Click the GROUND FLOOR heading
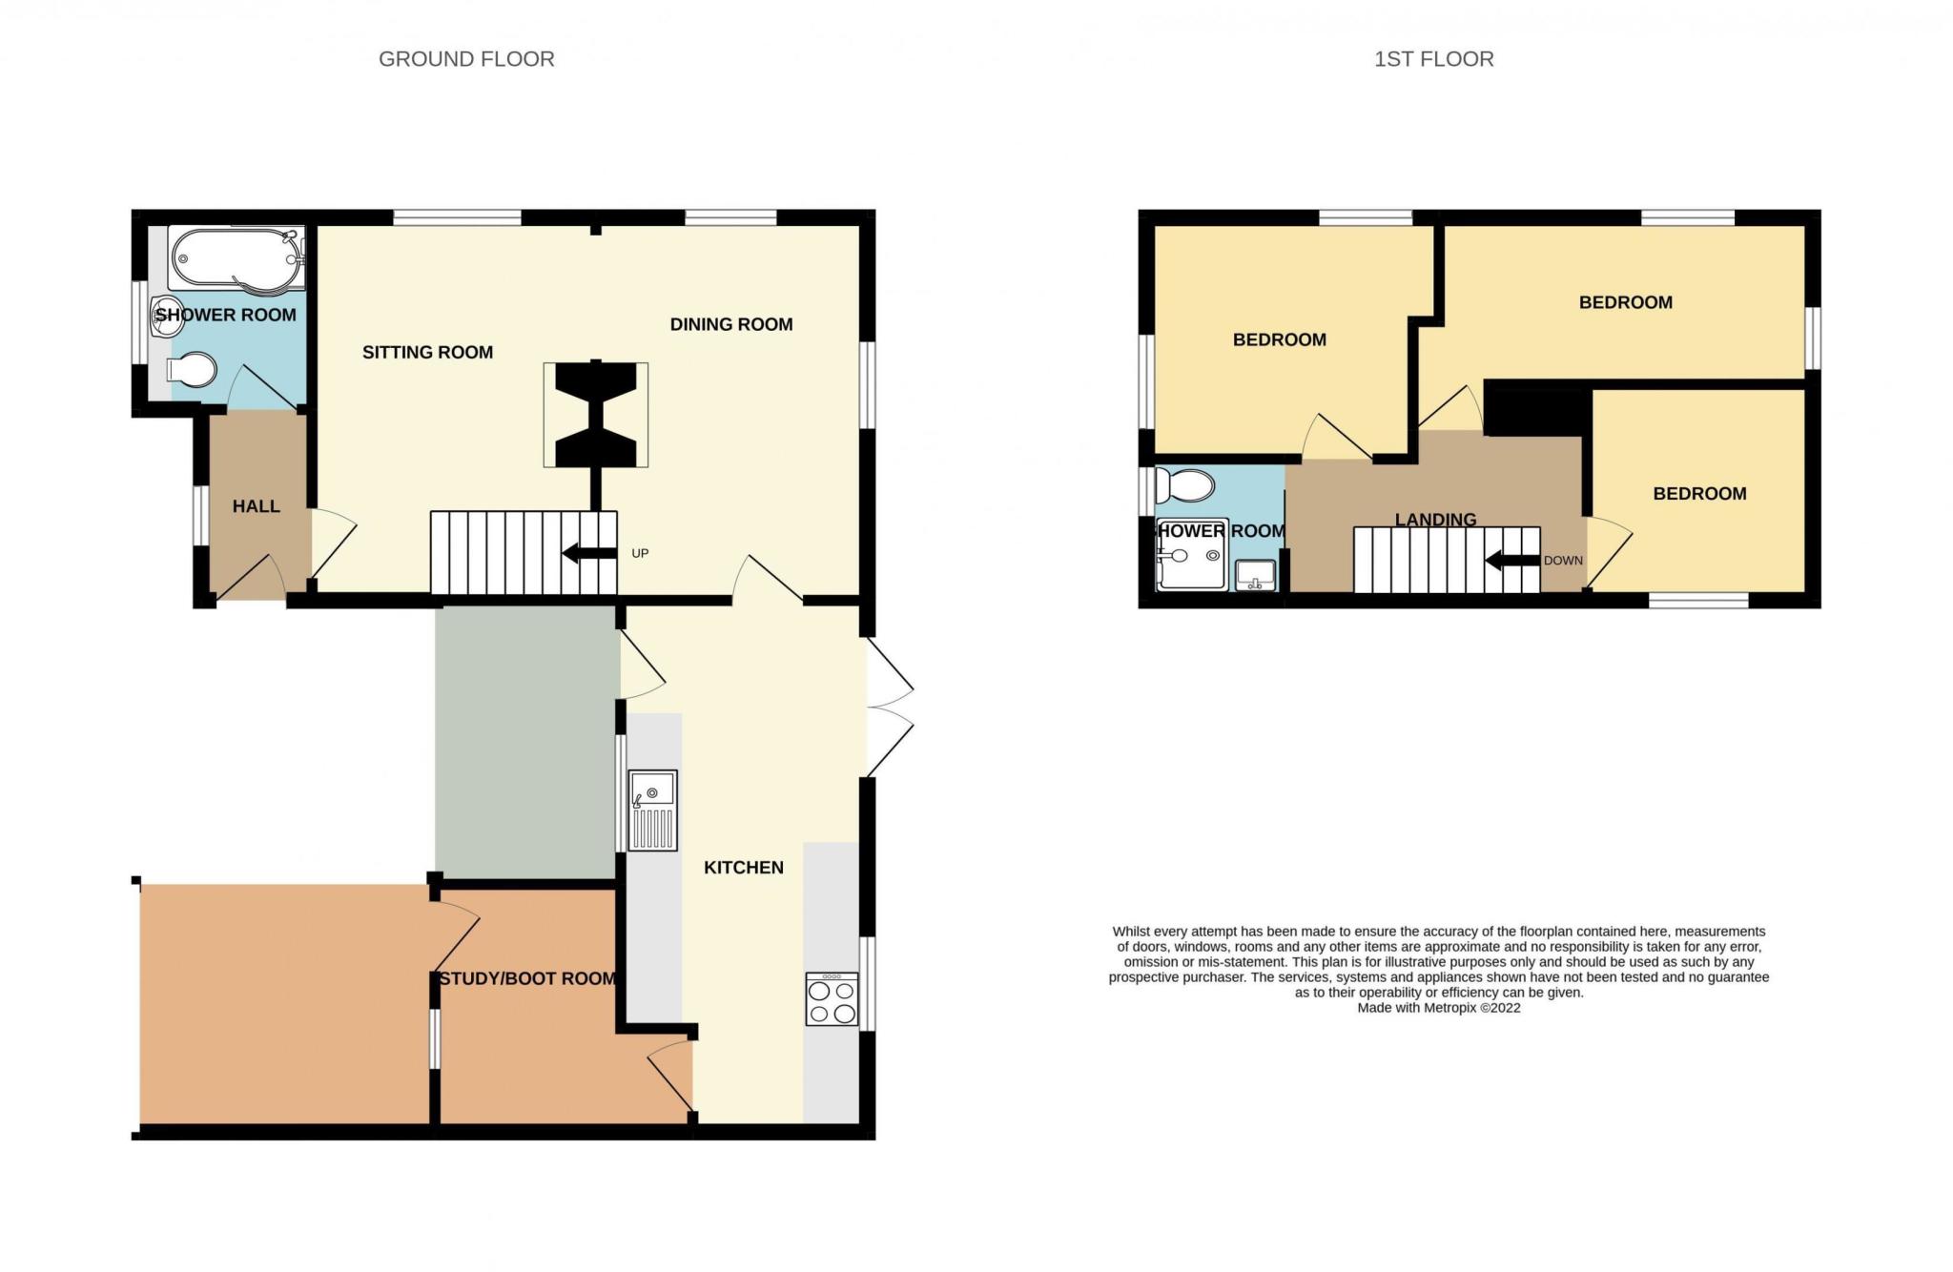466,59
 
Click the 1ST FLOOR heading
1433,59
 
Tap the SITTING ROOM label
427,353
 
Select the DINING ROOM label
731,325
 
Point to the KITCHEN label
744,868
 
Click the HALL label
257,506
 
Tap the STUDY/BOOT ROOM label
527,979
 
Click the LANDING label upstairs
1435,520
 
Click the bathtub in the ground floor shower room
236,257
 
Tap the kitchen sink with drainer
652,810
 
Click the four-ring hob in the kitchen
833,999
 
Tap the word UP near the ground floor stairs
640,554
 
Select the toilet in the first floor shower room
1183,486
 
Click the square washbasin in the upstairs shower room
1256,576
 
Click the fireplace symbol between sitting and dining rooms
596,415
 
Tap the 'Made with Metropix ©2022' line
1439,1008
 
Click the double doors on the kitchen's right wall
890,707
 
